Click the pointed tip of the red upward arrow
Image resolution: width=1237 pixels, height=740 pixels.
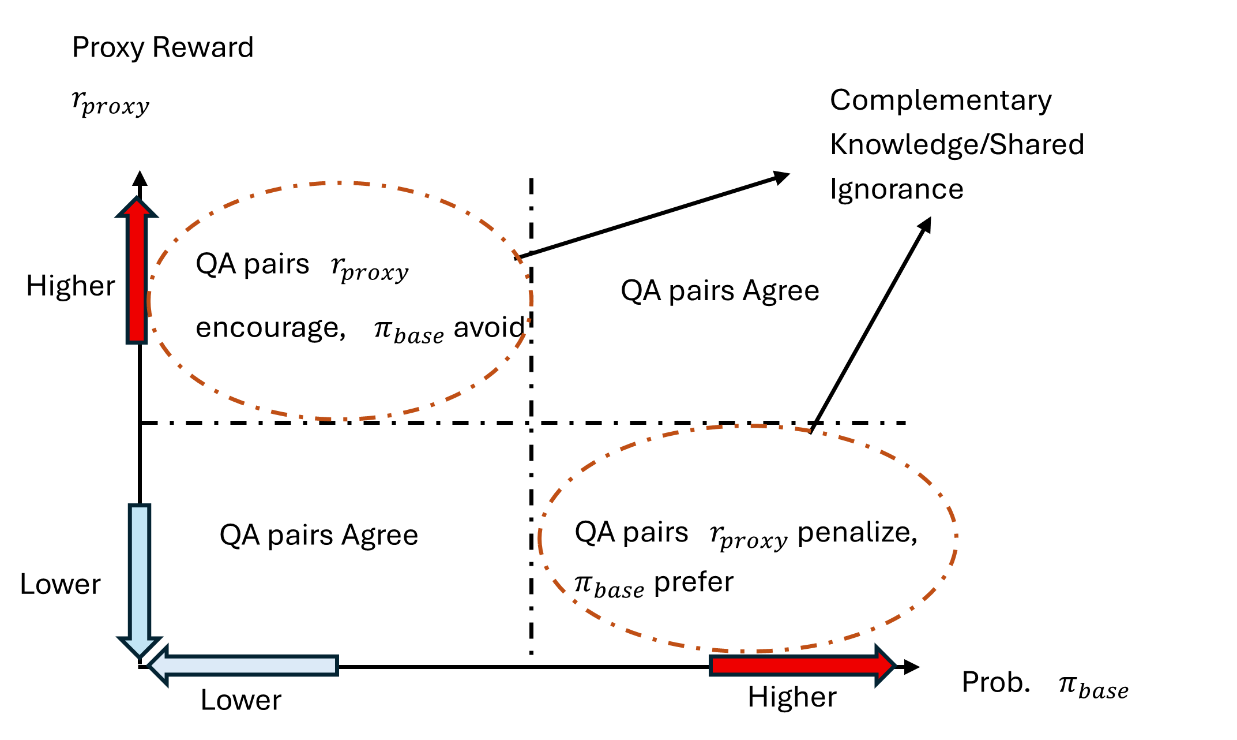[x=137, y=197]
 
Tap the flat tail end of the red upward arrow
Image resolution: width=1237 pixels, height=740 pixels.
[x=137, y=342]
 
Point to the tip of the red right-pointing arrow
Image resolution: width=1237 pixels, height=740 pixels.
[x=894, y=666]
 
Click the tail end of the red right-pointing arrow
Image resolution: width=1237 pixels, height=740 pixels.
[x=710, y=666]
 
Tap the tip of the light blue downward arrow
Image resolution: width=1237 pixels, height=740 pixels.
[x=140, y=657]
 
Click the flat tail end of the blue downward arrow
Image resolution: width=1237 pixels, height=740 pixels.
[x=140, y=506]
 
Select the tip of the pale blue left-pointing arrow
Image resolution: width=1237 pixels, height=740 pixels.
[x=149, y=666]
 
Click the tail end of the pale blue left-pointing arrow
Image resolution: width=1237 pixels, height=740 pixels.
[x=337, y=666]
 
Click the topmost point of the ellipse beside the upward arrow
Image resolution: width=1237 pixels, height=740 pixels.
[x=340, y=183]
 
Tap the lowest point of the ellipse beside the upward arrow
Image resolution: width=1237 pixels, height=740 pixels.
[x=340, y=419]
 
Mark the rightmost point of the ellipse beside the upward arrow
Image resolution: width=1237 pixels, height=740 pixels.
[x=532, y=300]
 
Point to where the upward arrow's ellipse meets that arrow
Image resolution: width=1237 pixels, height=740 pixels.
[x=149, y=300]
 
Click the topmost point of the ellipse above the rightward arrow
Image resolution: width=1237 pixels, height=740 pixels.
[x=750, y=426]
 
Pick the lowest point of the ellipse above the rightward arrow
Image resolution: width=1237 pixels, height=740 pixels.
[x=750, y=652]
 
